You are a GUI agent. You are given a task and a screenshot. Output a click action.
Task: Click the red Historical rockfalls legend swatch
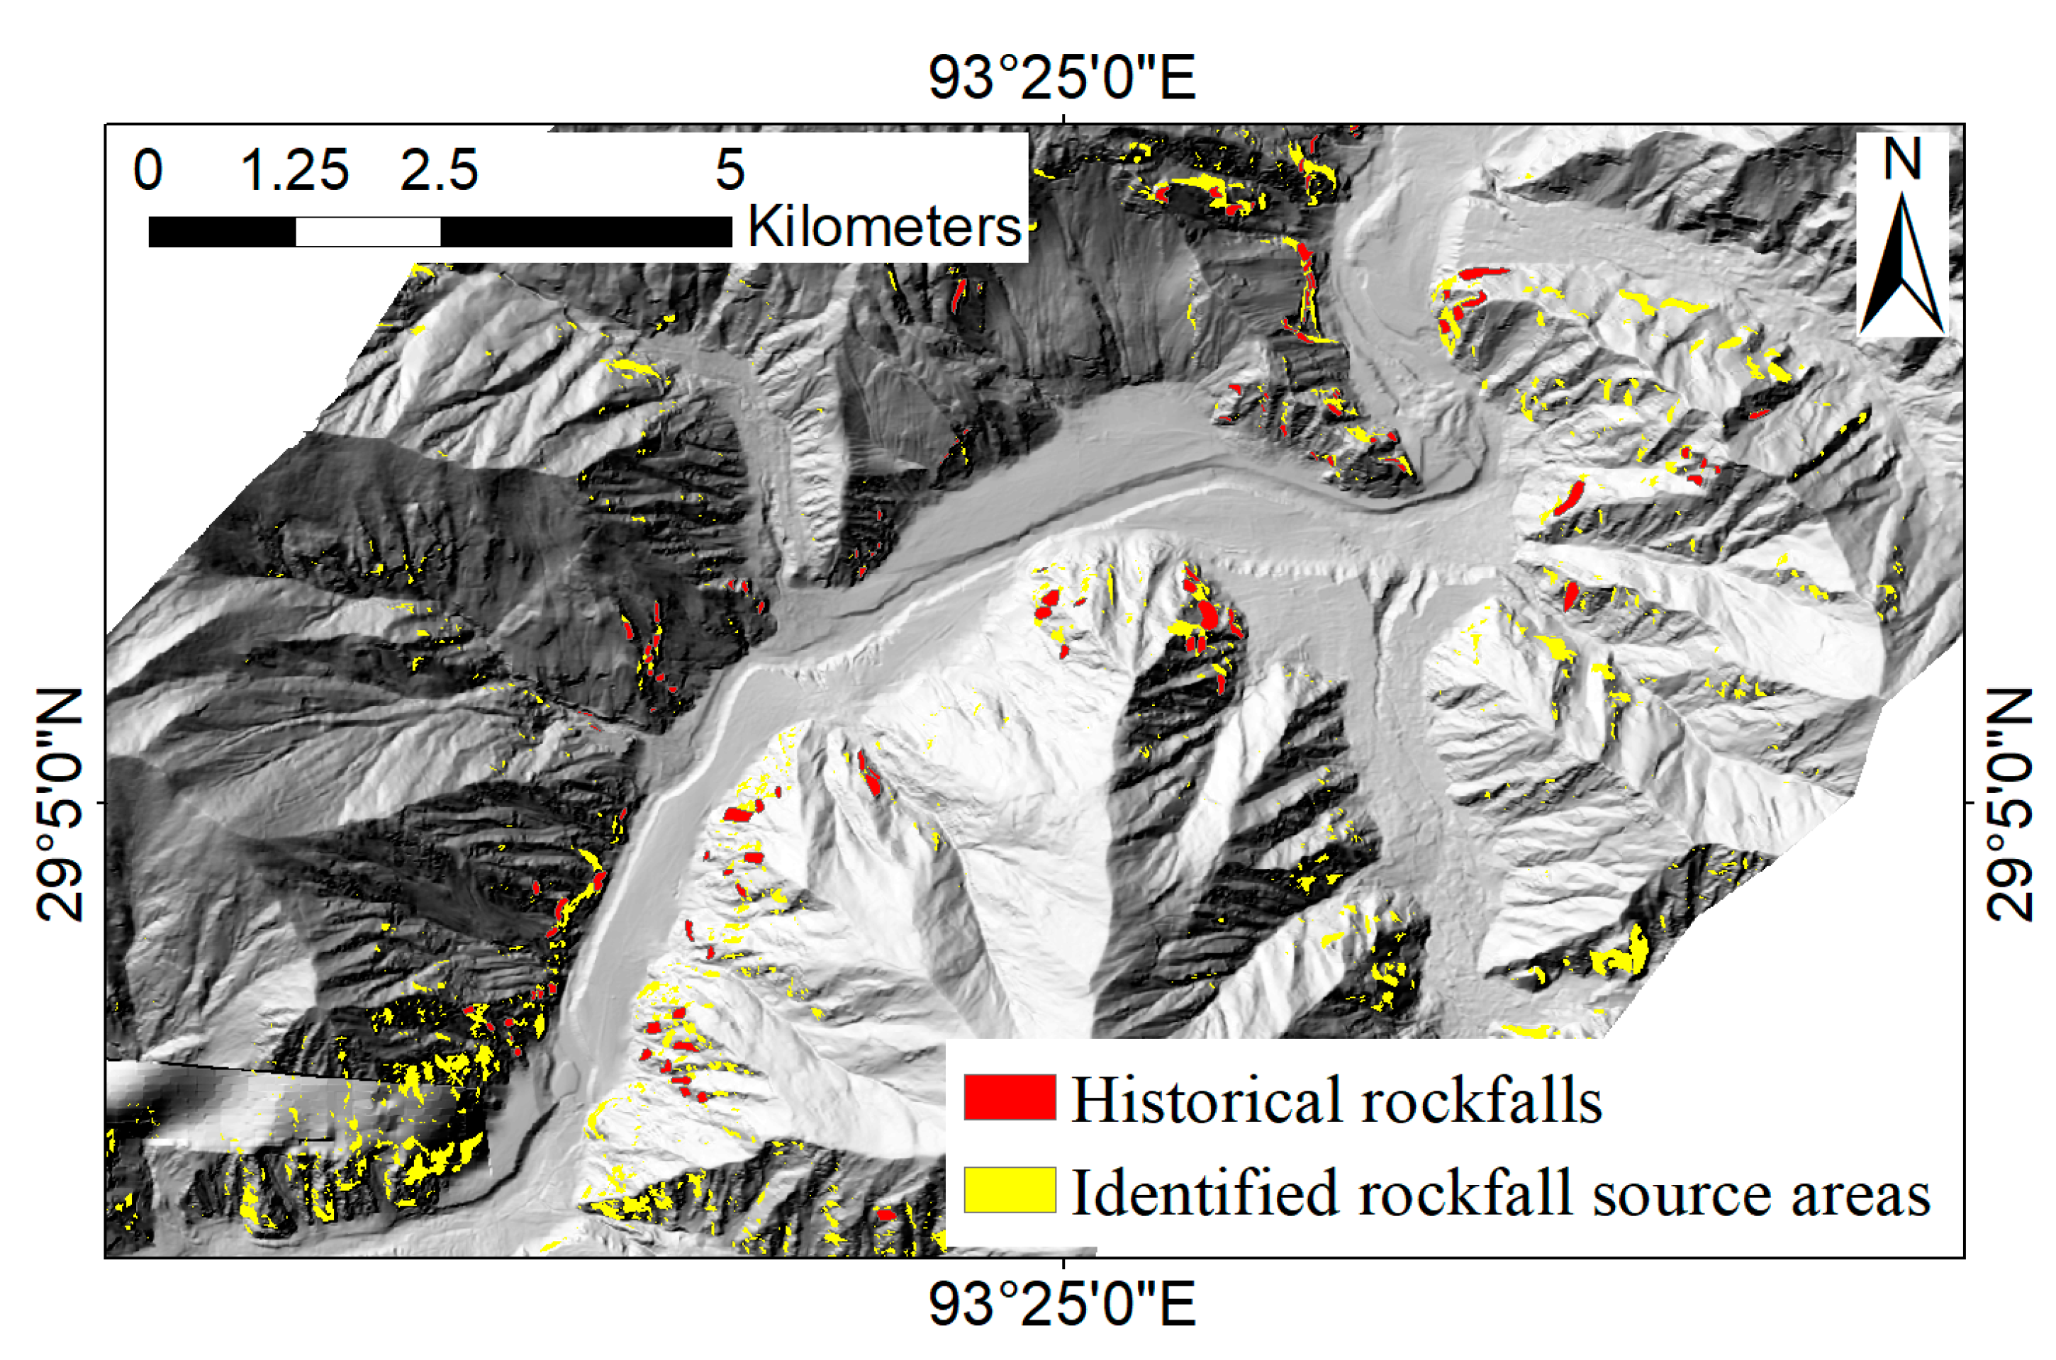point(1009,1097)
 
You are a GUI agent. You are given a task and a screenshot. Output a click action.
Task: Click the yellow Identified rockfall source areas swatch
point(1009,1190)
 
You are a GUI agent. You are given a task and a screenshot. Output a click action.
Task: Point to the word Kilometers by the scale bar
point(884,227)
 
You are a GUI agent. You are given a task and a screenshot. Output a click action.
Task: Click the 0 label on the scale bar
point(147,169)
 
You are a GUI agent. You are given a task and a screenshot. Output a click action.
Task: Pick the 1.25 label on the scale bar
point(294,169)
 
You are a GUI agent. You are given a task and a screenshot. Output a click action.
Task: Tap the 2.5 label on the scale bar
point(439,169)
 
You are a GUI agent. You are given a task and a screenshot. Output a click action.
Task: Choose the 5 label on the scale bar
point(730,169)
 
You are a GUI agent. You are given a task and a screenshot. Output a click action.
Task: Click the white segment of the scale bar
point(368,232)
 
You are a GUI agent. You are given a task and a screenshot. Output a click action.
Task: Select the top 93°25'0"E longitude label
point(1062,78)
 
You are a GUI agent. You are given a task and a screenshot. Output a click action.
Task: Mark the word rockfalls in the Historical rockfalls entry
point(1482,1100)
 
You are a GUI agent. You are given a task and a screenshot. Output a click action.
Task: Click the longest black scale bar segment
point(586,232)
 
